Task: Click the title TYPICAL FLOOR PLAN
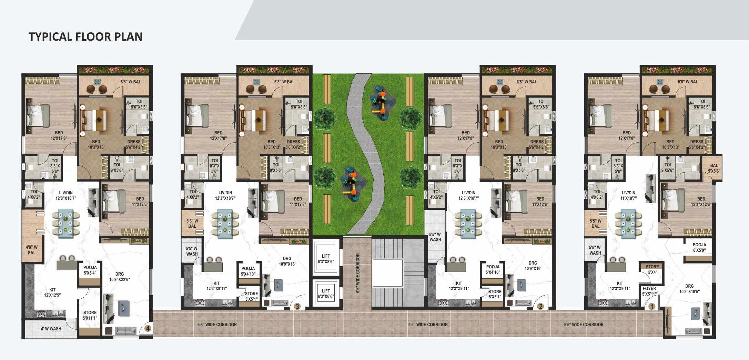tap(85, 37)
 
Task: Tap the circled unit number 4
tap(148, 328)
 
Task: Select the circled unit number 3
tap(297, 306)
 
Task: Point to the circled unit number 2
tap(540, 306)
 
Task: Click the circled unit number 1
tap(651, 306)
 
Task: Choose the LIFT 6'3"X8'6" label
tap(326, 259)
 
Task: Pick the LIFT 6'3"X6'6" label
tap(326, 294)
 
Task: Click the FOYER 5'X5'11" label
tap(649, 291)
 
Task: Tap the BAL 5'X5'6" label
tap(714, 168)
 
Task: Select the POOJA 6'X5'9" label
tap(699, 247)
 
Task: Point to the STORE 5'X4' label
tap(652, 269)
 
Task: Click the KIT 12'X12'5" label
tap(52, 292)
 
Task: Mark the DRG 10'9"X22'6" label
tap(119, 277)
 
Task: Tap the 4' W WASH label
tap(51, 329)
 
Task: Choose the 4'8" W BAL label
tap(31, 250)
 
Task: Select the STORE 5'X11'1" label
tap(90, 315)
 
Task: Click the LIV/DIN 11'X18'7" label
tap(628, 195)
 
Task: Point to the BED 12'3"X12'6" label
tap(701, 202)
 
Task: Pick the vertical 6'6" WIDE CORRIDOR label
tap(358, 273)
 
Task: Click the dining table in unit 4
tap(65, 223)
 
